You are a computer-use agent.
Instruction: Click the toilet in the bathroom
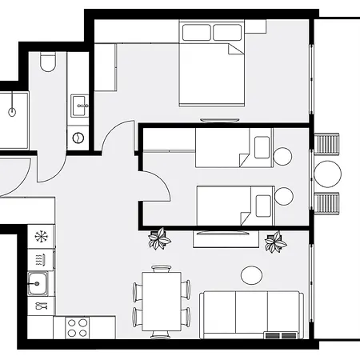[47, 62]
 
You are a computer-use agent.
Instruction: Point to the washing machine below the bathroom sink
[78, 137]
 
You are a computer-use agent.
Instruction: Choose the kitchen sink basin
[36, 282]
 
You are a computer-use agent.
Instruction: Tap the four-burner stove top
[77, 327]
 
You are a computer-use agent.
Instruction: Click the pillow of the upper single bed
[261, 146]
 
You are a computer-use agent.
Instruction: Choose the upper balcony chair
[328, 146]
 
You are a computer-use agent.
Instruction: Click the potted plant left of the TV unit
[160, 238]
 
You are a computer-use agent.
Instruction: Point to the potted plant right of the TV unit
[276, 240]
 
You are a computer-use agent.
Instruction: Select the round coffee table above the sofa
[252, 274]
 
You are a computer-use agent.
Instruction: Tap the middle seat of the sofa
[251, 312]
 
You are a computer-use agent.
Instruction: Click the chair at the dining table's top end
[162, 268]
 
